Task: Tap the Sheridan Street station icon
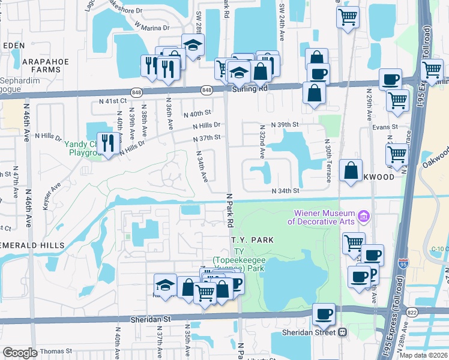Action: [x=343, y=332]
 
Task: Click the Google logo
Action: [x=20, y=353]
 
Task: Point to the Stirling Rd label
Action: [x=249, y=89]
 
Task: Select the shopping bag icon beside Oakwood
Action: [x=351, y=170]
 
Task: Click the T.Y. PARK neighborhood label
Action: [x=252, y=240]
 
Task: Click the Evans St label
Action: [x=386, y=127]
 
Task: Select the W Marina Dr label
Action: [x=152, y=27]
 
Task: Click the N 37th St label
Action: [x=207, y=138]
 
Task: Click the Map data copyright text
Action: [x=423, y=355]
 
